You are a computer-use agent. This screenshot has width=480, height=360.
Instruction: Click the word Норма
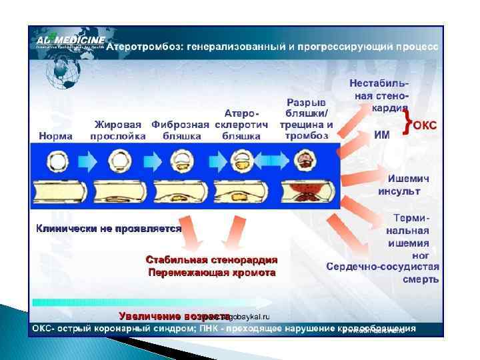tap(55, 135)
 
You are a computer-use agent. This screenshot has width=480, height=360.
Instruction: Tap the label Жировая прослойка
tap(119, 130)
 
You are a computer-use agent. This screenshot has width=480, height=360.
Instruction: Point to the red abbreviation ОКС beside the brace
tap(425, 125)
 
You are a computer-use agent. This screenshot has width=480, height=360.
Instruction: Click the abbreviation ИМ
tap(382, 134)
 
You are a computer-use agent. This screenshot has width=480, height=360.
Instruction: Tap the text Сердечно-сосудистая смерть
tap(383, 273)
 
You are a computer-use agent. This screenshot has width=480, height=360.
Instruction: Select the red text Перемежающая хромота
tap(212, 273)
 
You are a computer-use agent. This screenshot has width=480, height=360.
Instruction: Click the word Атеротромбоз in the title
tap(144, 48)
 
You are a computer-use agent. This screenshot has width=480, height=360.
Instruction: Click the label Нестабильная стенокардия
tap(379, 96)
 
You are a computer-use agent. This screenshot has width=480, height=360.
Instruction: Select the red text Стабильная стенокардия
tap(212, 259)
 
